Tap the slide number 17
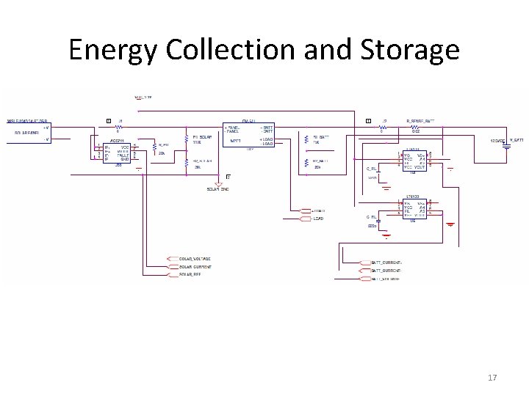coord(492,377)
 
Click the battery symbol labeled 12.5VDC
coord(506,144)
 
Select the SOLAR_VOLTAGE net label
coord(195,259)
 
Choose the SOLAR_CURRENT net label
coord(195,267)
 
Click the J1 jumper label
coord(120,120)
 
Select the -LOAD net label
coord(317,219)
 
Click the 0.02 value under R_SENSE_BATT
coord(415,131)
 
